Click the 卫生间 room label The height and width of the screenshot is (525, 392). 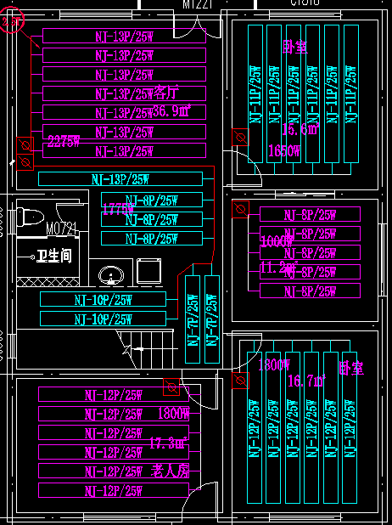[53, 256]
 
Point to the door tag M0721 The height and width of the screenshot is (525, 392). [61, 229]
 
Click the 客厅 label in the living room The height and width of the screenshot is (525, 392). [168, 93]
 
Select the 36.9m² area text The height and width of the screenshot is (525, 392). [172, 111]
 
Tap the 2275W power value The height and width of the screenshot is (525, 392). [64, 140]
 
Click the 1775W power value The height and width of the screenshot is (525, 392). [118, 208]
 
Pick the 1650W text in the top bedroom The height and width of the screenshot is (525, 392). [283, 150]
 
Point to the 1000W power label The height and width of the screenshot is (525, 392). [277, 241]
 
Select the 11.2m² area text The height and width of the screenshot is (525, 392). [277, 269]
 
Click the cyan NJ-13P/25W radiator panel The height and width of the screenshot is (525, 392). [120, 178]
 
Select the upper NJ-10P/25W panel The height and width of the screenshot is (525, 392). [103, 300]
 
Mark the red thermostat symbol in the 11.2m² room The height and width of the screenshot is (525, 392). [240, 209]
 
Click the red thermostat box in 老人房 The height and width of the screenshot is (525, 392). [171, 387]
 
